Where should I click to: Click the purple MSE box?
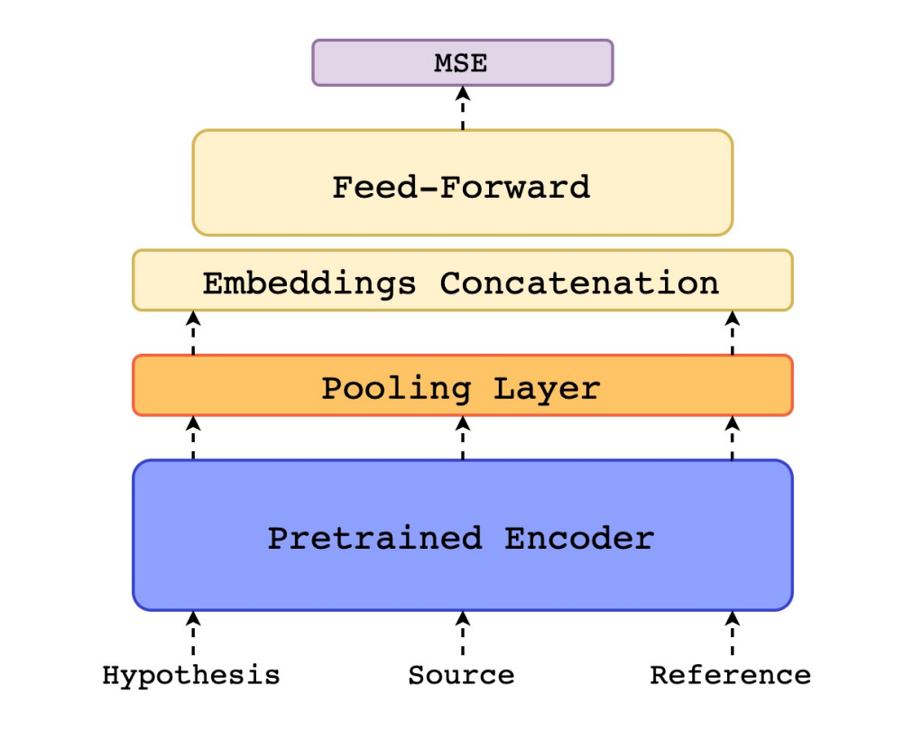coord(462,63)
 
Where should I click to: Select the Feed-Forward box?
coord(462,183)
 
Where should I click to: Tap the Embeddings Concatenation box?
coord(462,281)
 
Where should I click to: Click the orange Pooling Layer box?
coord(462,386)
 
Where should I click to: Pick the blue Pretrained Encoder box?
coord(462,535)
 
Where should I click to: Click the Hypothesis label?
coord(191,675)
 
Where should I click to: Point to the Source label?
coord(461,675)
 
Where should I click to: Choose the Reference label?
coord(730,675)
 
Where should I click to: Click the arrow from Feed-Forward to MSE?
coord(462,108)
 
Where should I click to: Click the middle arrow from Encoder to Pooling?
coord(462,439)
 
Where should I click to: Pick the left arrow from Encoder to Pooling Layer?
coord(192,439)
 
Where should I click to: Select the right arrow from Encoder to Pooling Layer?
coord(732,439)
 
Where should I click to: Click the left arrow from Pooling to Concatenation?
coord(192,333)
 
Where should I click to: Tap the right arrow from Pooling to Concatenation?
coord(732,333)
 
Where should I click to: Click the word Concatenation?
coord(579,283)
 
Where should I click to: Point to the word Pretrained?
coord(374,539)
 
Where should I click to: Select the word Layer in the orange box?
coord(547,389)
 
